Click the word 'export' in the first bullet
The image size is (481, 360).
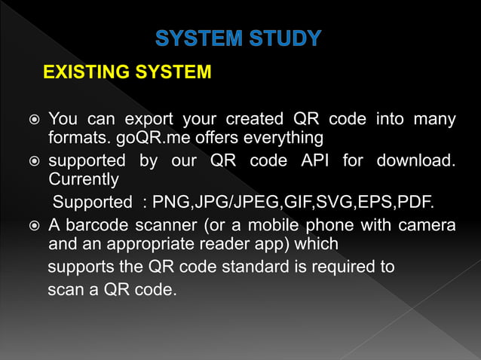tap(148, 119)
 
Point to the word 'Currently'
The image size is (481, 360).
tap(84, 181)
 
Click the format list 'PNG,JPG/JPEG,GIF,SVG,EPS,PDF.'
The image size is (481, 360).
tap(290, 203)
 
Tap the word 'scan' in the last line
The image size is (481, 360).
tap(64, 289)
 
